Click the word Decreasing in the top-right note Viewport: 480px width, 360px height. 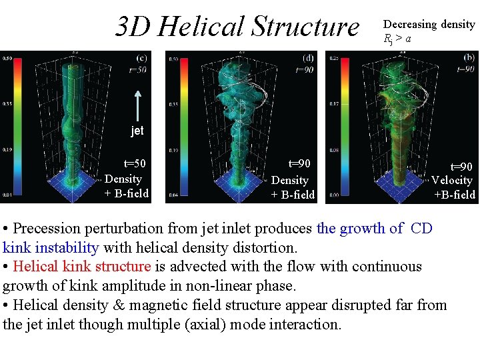[x=409, y=25]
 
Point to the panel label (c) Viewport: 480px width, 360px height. [x=142, y=58]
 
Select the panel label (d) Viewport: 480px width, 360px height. [x=308, y=58]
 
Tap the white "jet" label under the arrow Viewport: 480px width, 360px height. [x=137, y=131]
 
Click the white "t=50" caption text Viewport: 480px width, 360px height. [x=135, y=164]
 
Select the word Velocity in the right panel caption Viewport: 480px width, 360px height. [x=451, y=180]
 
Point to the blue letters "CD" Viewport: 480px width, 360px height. [x=421, y=229]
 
